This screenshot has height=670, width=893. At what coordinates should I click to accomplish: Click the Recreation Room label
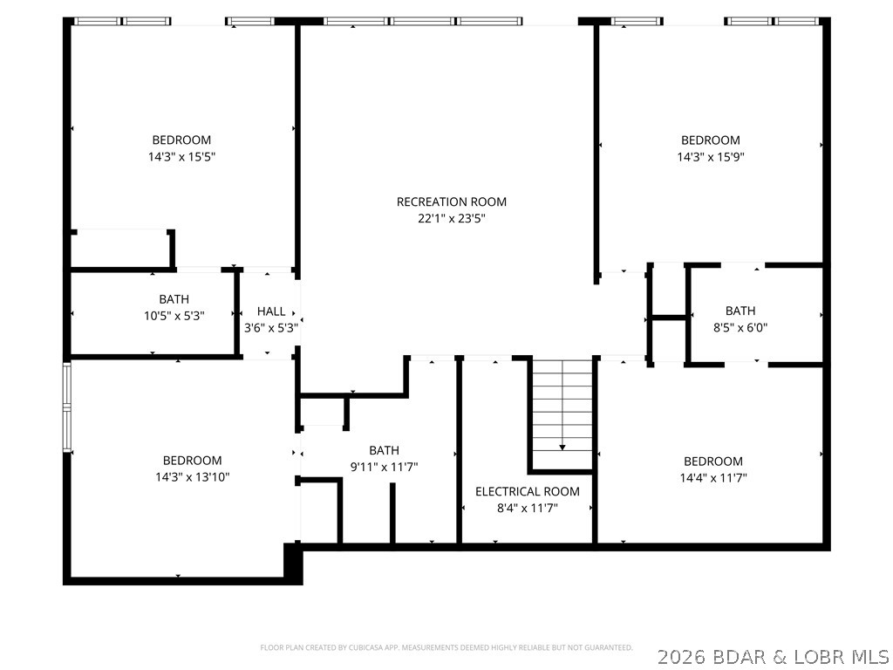coord(451,202)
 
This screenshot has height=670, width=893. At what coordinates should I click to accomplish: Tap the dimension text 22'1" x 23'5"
coord(451,219)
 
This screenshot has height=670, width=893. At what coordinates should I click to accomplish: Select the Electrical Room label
coord(527,491)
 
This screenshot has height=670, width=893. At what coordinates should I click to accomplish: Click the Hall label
coord(270,311)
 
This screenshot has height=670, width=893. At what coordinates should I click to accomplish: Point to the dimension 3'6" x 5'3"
coord(270,328)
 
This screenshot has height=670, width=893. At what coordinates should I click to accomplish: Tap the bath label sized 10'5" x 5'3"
coord(174,299)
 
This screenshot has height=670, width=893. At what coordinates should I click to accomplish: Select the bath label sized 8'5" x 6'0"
coord(740,311)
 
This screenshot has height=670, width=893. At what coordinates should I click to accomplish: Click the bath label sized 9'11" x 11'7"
coord(384,450)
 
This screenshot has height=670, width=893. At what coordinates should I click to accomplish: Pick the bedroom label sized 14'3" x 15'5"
coord(181,140)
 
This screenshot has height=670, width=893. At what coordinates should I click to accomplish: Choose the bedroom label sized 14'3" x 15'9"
coord(710,140)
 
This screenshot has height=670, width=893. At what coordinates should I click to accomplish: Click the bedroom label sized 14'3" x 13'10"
coord(192,460)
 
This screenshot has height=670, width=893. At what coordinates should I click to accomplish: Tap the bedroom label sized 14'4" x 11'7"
coord(713,461)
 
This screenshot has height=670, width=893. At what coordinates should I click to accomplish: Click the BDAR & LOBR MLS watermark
coord(773,655)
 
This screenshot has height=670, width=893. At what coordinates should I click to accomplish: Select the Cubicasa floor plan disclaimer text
coord(446,647)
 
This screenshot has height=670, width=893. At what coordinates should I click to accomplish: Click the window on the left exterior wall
coord(66,407)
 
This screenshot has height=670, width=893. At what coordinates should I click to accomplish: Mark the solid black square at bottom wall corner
coord(293,563)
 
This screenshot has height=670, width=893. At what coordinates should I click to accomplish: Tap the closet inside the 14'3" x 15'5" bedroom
coord(120,250)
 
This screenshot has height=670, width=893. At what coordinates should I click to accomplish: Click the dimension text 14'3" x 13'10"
coord(192,477)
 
